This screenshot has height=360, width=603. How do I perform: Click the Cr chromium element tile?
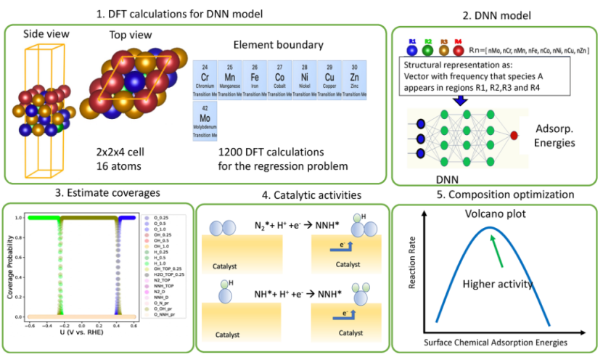(205, 80)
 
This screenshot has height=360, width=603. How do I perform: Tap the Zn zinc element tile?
(354, 80)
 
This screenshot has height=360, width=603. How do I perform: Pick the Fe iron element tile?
(255, 80)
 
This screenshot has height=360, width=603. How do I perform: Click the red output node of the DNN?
(514, 136)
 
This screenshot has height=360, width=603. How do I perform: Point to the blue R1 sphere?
(411, 49)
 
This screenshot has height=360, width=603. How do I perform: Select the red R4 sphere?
(458, 49)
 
